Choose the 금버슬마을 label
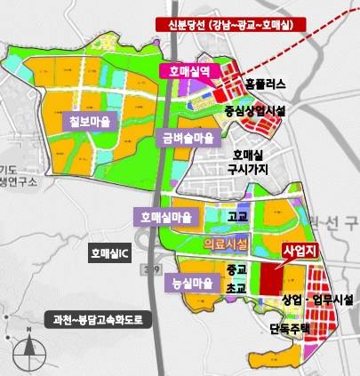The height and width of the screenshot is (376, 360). (188, 138)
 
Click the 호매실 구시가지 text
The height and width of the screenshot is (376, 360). (246, 161)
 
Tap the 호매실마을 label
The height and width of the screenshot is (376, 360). (166, 216)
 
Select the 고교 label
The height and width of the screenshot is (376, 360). (237, 216)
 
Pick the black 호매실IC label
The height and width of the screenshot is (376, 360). (110, 253)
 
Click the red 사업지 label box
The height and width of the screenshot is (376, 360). (299, 252)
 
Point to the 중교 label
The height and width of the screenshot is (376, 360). (235, 268)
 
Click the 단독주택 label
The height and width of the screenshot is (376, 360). (290, 327)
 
